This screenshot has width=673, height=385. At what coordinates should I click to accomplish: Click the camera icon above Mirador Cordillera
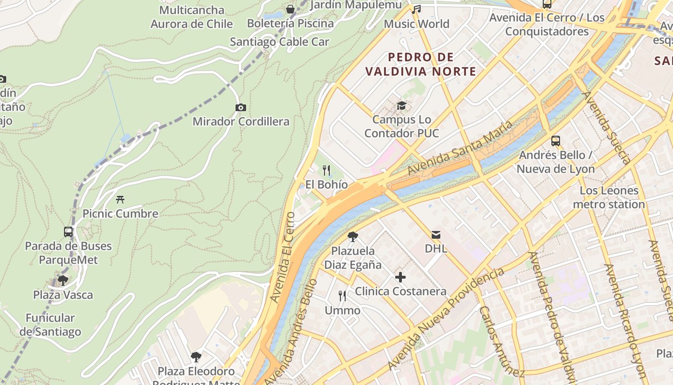click(240, 107)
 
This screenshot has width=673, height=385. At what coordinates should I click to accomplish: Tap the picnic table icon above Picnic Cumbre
click(120, 199)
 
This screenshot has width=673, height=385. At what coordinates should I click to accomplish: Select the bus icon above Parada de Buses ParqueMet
click(68, 231)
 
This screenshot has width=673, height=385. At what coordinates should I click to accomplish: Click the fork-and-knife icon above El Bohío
click(326, 170)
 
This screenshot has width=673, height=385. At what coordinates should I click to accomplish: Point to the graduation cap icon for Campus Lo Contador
click(401, 105)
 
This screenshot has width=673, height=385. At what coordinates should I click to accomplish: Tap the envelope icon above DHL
click(436, 234)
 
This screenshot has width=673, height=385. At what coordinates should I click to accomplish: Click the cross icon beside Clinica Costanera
click(400, 277)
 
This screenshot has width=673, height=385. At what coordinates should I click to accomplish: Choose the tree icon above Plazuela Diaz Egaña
click(353, 236)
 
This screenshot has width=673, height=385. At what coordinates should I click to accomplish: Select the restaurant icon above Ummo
click(342, 295)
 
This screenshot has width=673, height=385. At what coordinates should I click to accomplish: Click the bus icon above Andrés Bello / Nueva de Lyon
click(556, 141)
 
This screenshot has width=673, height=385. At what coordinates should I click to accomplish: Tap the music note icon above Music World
click(417, 9)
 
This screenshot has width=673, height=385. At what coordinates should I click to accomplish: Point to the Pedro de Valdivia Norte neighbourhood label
click(421, 64)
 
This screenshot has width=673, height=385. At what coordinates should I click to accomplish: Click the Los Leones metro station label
click(609, 197)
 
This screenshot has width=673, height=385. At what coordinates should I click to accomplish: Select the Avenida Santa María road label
click(460, 148)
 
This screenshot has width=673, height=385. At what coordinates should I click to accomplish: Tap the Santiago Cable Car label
click(279, 42)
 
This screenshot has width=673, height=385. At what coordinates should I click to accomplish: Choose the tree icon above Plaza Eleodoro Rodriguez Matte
click(196, 357)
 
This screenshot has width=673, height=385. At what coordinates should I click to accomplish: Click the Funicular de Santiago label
click(50, 325)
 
